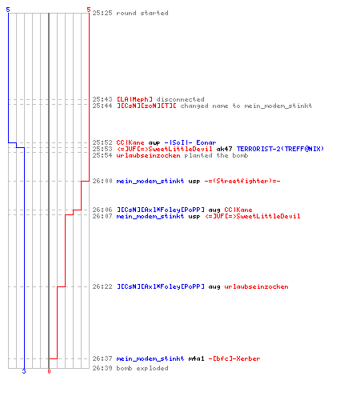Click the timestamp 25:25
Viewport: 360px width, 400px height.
[x=102, y=13]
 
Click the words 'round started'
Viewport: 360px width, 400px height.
[x=142, y=13]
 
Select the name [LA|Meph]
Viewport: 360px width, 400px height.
[x=134, y=99]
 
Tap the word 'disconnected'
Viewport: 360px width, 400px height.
[x=180, y=99]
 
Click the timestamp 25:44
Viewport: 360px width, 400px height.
[x=102, y=106]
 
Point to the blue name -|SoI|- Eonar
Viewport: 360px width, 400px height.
[x=190, y=142]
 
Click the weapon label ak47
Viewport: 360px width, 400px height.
[x=224, y=149]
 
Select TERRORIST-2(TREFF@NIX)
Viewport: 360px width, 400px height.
[x=280, y=149]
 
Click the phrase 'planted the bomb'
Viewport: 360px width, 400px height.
[x=216, y=155]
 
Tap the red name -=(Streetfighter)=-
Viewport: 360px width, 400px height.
[x=242, y=181]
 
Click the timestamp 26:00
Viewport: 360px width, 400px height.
[x=102, y=181]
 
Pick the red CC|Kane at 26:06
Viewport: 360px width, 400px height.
[x=238, y=210]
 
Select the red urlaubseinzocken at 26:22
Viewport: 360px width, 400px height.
[x=256, y=286]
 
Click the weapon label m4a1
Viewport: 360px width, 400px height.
[x=196, y=358]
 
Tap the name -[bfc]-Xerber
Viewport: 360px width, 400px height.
[x=234, y=358]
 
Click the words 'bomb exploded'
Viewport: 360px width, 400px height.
[x=142, y=368]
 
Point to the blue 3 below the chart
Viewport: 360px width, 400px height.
[x=24, y=371]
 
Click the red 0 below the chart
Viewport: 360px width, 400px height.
[x=49, y=371]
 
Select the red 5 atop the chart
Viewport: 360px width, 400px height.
[x=89, y=10]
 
